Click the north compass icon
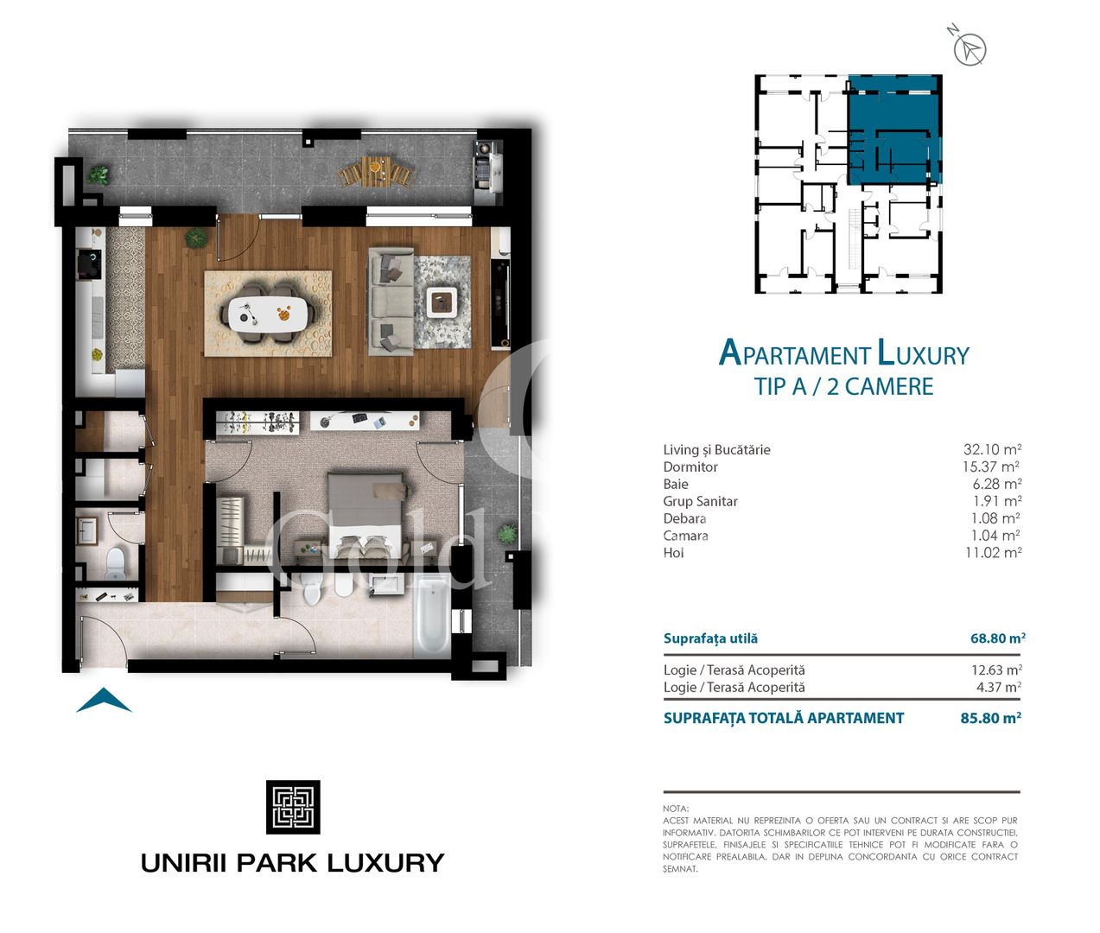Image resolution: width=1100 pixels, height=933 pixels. pos(970,49)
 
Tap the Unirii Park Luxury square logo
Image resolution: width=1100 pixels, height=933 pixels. pos(293,807)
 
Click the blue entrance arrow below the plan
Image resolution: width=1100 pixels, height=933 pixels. pos(104,701)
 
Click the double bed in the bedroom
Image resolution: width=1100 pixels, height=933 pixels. pos(366,515)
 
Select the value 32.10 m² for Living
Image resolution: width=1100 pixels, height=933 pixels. pos(992,449)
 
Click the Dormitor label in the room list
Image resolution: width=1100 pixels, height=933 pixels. pos(690,466)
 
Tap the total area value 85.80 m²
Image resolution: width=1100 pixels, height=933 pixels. pos(990,718)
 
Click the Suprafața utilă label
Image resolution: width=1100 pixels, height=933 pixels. pos(710,638)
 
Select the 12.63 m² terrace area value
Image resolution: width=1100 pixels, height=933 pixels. pos(996,670)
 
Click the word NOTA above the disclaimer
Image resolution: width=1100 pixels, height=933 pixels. pos(676,809)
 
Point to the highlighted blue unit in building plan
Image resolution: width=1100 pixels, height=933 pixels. pos(894,130)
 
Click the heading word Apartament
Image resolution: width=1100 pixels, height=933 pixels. pos(794,354)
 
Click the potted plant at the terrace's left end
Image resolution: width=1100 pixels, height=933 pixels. pos(99,175)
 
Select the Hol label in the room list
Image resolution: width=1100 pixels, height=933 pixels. pos(673,553)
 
